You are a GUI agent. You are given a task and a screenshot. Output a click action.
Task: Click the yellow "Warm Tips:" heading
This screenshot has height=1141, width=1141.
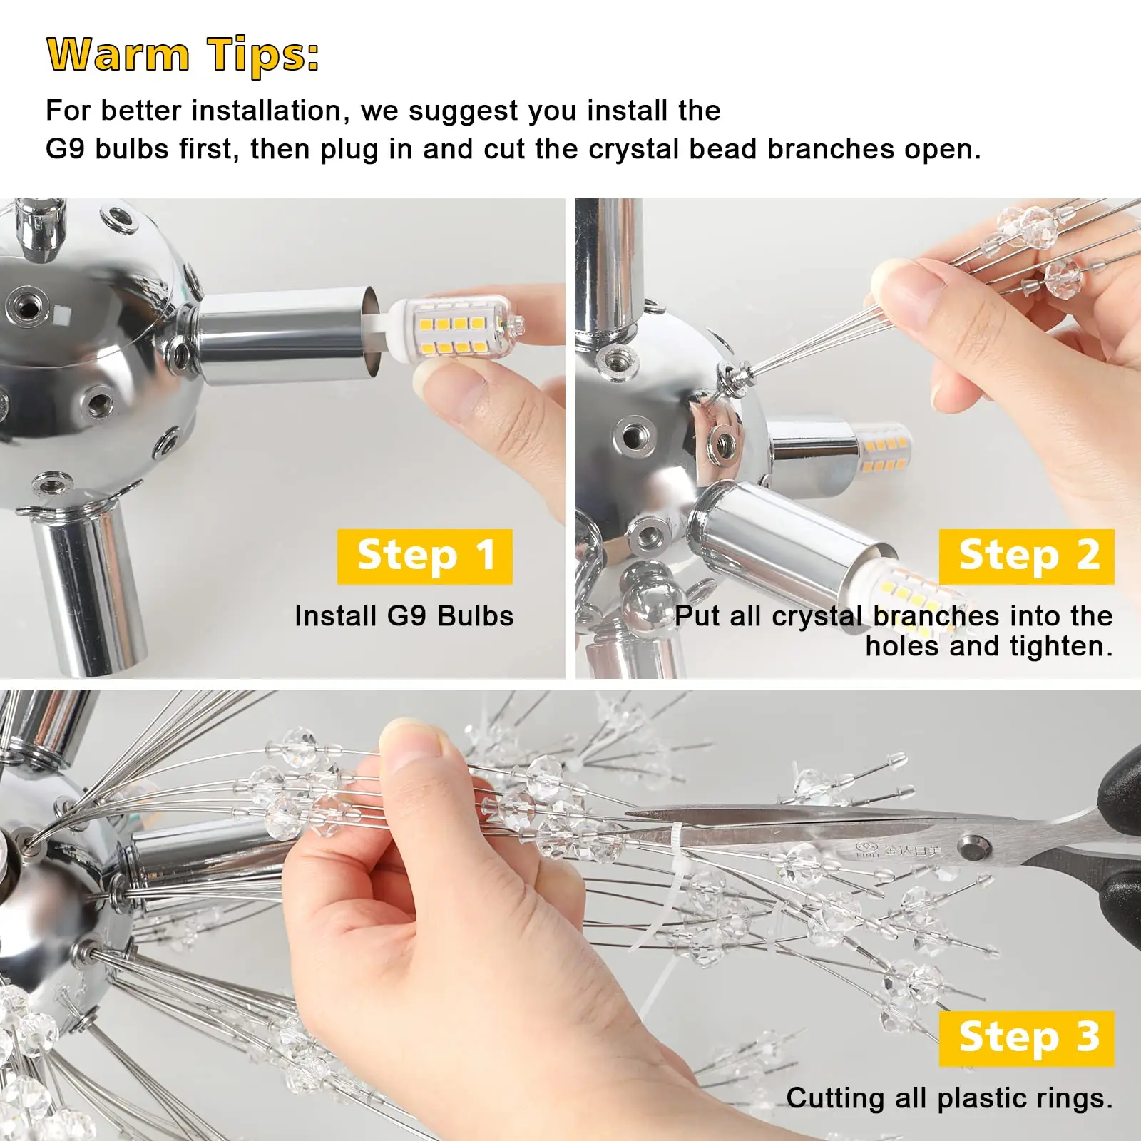(183, 54)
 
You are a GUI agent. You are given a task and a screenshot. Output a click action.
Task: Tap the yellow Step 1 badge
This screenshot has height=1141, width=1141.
(425, 556)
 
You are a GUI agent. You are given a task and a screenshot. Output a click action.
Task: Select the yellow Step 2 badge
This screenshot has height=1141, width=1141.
(1026, 556)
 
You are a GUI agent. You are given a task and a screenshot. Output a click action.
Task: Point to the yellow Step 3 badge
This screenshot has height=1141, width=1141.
(1026, 1038)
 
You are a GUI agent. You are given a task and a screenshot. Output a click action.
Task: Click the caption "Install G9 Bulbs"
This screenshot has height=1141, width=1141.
(404, 616)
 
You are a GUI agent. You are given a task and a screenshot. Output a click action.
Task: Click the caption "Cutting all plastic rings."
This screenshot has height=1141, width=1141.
(949, 1098)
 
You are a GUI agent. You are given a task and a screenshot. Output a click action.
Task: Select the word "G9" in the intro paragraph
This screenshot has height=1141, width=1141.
(64, 149)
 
